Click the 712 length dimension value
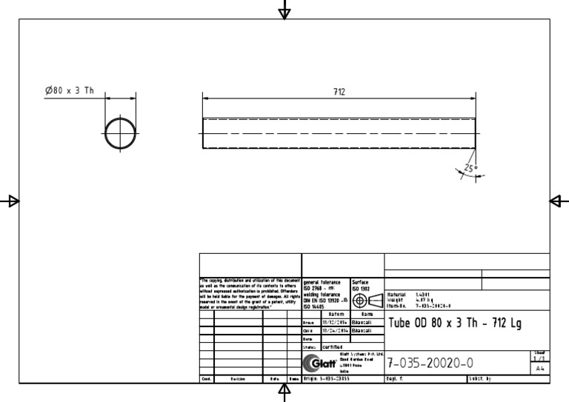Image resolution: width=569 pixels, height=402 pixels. [339, 92]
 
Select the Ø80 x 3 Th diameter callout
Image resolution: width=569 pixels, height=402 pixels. [69, 90]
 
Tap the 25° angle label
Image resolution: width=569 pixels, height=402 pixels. [471, 168]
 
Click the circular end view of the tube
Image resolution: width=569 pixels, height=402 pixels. [120, 133]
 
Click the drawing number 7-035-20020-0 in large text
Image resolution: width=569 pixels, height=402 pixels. [430, 363]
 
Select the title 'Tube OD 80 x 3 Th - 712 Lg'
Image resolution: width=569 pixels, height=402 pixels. [453, 323]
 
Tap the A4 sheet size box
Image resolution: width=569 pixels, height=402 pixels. [540, 368]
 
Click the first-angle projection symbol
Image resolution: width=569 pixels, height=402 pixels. [366, 301]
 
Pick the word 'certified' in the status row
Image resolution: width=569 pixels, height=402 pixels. [332, 346]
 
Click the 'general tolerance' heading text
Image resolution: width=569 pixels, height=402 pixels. [322, 282]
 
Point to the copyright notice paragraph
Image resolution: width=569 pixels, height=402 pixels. [249, 294]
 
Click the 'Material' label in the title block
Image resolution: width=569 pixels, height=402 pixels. [397, 294]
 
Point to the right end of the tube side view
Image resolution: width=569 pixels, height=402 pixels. [474, 133]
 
